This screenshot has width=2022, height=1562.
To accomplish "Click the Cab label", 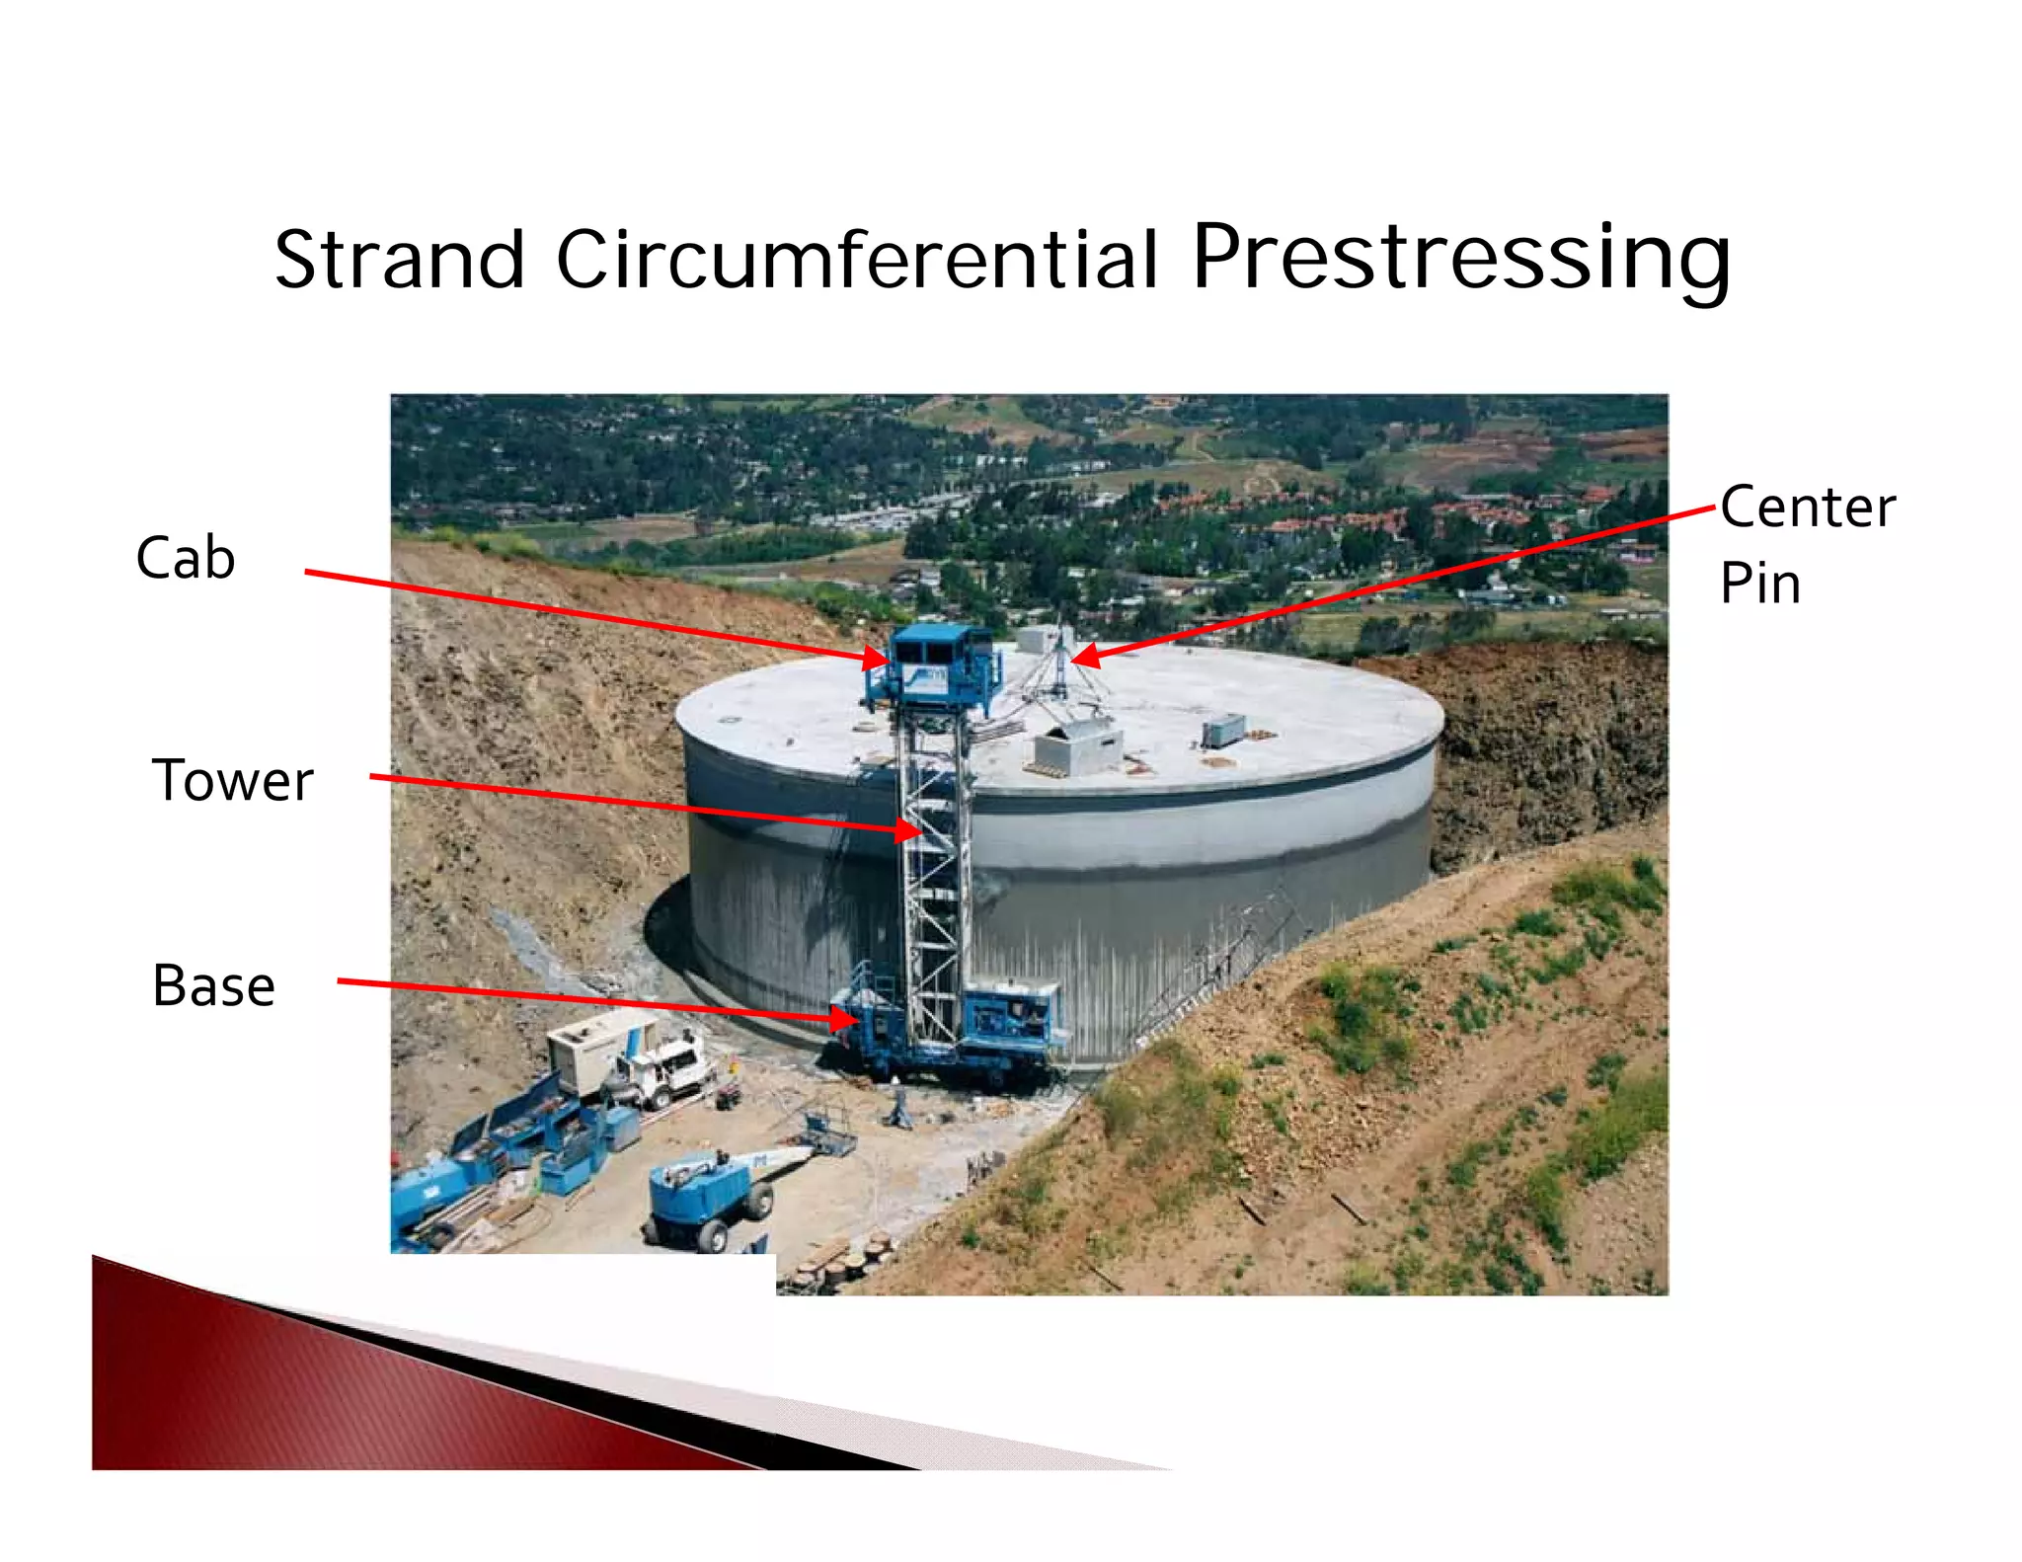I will point(186,558).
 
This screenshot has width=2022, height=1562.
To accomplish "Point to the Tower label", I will point(232,780).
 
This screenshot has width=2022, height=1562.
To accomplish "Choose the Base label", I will point(213,985).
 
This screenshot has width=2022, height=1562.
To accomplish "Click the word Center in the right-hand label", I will point(1807,508).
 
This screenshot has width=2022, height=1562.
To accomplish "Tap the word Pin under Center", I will point(1759,584).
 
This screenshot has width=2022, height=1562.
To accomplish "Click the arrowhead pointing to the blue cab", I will point(877,658).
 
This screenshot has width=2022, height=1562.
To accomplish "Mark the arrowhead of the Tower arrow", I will point(908,830).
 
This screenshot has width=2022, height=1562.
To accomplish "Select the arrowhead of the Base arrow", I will point(843,1018).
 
